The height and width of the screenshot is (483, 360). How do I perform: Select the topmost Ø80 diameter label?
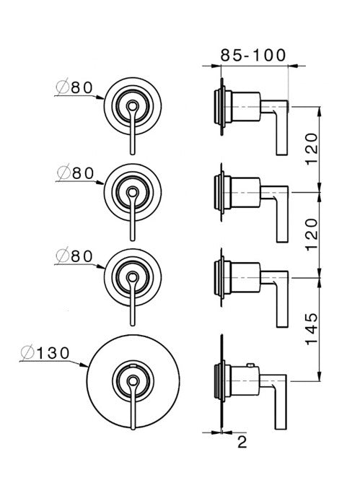click(x=74, y=87)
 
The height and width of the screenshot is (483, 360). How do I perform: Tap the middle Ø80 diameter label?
click(x=74, y=173)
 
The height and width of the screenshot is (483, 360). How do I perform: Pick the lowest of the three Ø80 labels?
click(x=74, y=256)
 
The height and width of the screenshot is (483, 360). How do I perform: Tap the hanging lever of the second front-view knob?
click(x=133, y=220)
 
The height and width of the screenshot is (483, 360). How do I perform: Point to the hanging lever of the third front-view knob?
click(x=133, y=303)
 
